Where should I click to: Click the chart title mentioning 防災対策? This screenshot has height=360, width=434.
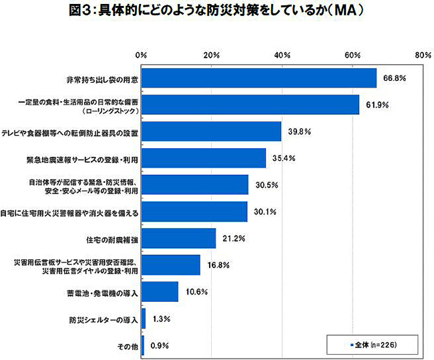[x=216, y=13]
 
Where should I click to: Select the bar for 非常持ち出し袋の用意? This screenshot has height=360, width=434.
[x=259, y=77]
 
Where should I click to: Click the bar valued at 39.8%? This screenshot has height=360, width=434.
[x=211, y=131]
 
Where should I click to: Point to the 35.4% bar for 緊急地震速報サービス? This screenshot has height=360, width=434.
[x=204, y=158]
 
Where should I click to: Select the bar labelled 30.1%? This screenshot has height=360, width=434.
[x=194, y=212]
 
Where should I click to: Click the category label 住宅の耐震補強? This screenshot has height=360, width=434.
[x=112, y=238]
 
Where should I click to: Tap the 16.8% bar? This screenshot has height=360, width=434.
[x=171, y=265]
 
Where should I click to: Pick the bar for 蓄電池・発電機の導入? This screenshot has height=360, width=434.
[x=160, y=292]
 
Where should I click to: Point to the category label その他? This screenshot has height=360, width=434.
[x=128, y=346]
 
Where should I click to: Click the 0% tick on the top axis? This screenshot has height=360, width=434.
[x=141, y=54]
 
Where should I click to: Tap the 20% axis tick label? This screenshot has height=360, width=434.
[x=212, y=54]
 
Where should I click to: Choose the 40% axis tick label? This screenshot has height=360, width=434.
[x=282, y=54]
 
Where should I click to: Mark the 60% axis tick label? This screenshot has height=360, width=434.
[x=353, y=54]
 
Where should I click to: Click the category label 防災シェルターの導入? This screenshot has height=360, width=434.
[x=103, y=319]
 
